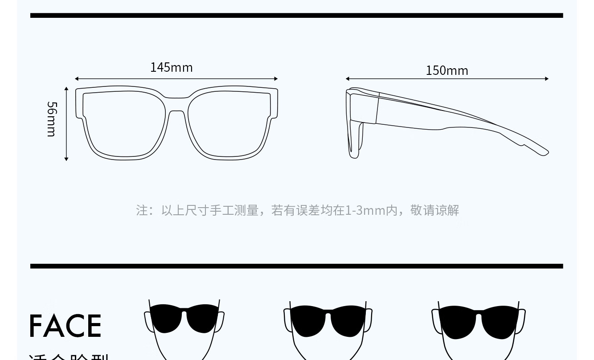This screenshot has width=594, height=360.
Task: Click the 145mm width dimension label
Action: click(171, 67)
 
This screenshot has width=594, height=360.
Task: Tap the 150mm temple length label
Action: click(447, 70)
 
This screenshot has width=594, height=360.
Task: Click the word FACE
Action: click(66, 326)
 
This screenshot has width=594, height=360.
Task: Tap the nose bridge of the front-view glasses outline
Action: click(176, 104)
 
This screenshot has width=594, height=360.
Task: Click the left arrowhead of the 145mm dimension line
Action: click(77, 79)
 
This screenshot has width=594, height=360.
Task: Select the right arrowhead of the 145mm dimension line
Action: click(276, 79)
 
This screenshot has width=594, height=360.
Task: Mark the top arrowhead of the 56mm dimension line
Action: click(66, 89)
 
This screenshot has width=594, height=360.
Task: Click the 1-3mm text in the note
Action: click(368, 210)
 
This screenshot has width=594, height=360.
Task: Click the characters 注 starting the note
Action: click(142, 210)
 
